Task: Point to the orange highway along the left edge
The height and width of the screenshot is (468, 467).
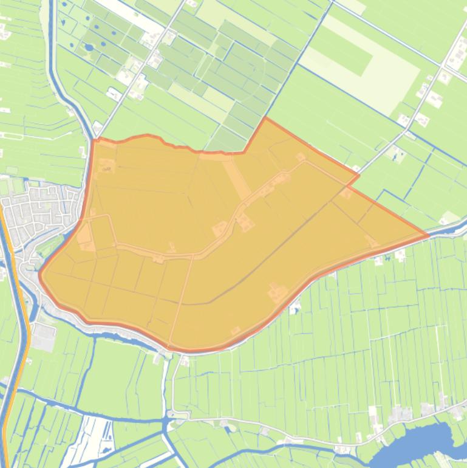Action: tap(22, 304)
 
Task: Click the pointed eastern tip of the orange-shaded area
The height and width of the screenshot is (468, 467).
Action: tap(428, 235)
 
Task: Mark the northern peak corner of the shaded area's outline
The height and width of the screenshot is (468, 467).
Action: tap(265, 119)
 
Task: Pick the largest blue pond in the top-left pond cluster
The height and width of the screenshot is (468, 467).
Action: tap(89, 47)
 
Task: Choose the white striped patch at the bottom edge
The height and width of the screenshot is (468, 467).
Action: tap(91, 438)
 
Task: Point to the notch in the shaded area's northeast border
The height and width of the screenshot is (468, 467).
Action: tap(358, 176)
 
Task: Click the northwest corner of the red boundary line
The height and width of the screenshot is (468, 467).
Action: tap(95, 140)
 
